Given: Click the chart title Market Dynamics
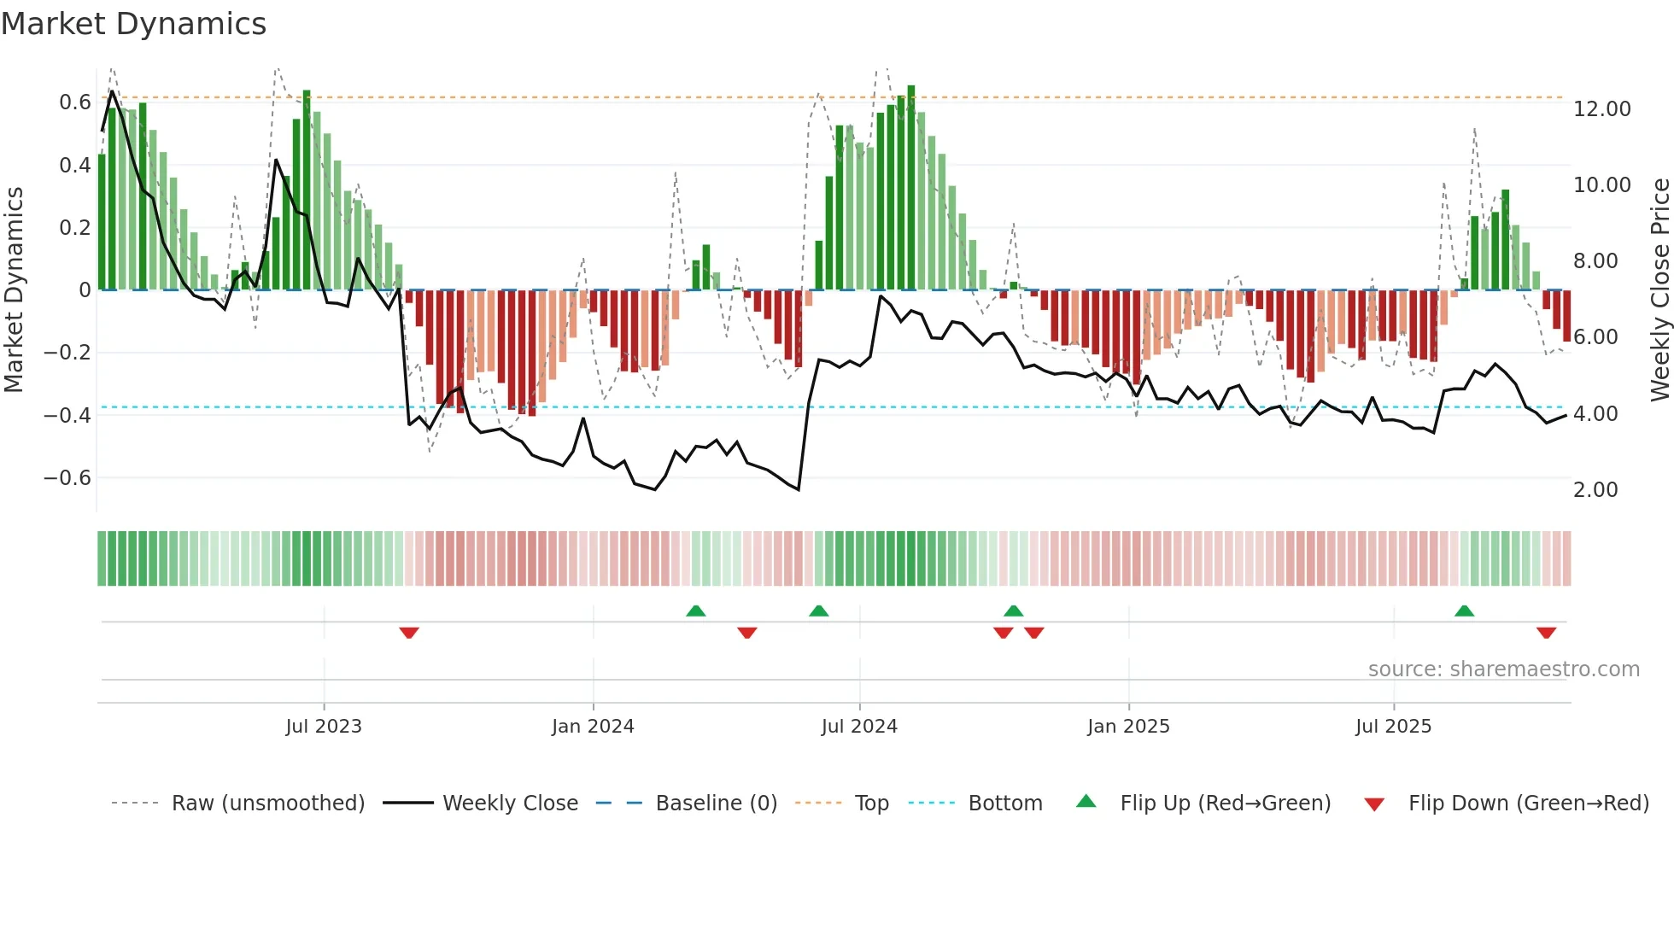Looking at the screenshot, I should [133, 24].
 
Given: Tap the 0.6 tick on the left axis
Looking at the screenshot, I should [74, 102].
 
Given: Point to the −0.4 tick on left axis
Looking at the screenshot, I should [67, 416].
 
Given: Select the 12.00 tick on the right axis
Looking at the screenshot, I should [1601, 109].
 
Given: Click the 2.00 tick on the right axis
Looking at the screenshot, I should [1595, 490].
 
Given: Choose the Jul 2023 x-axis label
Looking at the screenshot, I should [324, 727].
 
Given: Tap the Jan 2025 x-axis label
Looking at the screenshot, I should [1128, 727].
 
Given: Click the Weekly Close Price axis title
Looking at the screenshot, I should [1659, 290].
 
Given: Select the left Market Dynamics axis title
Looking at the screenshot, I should [14, 290].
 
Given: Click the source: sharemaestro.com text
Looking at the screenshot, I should [1503, 669].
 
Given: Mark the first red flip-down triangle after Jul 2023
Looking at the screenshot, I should [409, 633].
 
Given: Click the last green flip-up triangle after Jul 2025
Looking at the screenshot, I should [1464, 611].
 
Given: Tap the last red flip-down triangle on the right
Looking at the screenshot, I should [1546, 633].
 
